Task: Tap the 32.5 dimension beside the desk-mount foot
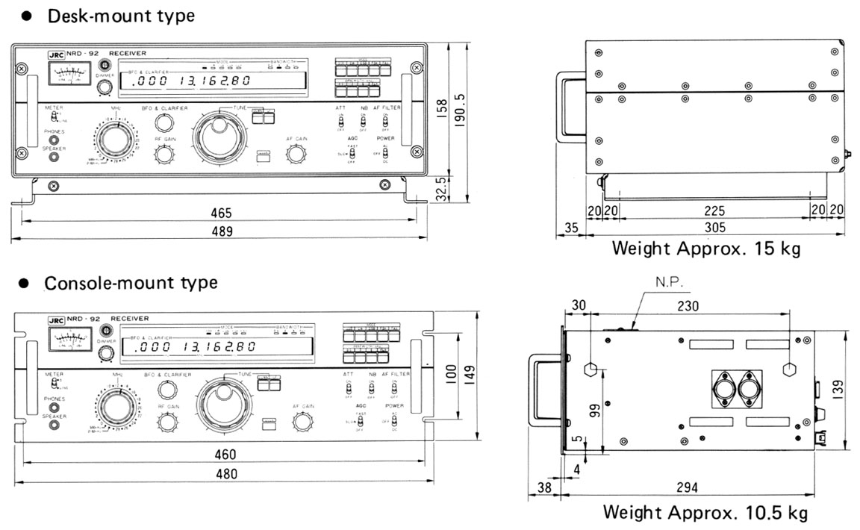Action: tap(441, 190)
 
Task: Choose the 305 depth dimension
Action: tap(715, 228)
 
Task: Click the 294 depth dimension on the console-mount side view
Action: tap(688, 487)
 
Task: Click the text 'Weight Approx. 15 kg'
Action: tap(705, 248)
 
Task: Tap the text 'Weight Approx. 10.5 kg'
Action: tap(705, 513)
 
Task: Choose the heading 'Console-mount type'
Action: tap(131, 284)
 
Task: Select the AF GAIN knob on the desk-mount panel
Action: tap(296, 154)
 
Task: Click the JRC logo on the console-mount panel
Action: tap(55, 319)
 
